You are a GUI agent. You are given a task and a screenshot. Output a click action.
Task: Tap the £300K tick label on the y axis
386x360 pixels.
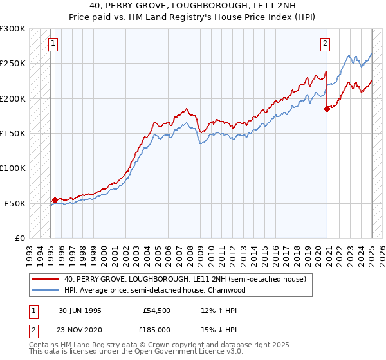coord(13,29)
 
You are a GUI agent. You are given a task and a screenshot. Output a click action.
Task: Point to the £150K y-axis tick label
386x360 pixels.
coord(13,133)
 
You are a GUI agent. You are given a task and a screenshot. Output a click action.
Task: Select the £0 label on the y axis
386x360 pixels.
coord(19,238)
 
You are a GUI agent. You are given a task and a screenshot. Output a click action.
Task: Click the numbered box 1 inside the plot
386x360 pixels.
coord(52,44)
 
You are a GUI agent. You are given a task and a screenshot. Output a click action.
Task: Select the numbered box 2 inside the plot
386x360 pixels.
coord(326,44)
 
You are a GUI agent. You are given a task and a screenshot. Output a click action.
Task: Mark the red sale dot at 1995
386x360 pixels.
coord(55,200)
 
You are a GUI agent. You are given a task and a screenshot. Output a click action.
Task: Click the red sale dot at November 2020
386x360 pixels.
coord(327,109)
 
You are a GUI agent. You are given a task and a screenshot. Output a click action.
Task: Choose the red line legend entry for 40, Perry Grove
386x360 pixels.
coord(188,279)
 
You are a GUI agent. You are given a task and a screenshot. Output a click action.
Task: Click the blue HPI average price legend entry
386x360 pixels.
coord(155,290)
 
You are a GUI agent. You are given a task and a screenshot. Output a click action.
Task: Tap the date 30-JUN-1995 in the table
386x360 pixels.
coord(80,310)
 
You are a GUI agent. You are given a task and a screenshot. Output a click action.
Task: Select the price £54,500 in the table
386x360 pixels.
coord(156,310)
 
